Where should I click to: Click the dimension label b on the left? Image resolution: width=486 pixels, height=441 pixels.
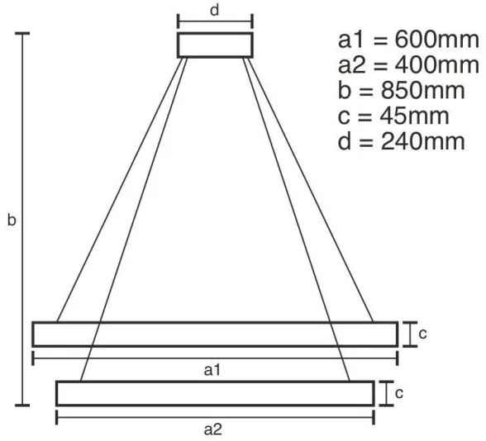[11, 221]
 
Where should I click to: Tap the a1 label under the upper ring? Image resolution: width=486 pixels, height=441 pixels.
[213, 371]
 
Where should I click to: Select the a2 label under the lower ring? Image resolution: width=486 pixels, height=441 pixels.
[213, 429]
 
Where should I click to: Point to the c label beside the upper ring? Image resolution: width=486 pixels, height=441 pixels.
[422, 334]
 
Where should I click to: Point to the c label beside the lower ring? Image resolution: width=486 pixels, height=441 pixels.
[398, 393]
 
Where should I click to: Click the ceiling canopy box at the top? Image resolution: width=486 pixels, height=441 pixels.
[215, 45]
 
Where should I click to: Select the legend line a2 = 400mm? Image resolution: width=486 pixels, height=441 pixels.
[407, 66]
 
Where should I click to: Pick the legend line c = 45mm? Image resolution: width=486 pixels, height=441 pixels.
[393, 116]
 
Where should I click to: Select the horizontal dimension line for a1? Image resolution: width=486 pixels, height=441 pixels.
[124, 358]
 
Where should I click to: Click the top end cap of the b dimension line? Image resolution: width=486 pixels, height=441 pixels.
[24, 34]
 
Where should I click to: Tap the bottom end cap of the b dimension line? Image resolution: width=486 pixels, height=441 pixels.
[24, 405]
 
